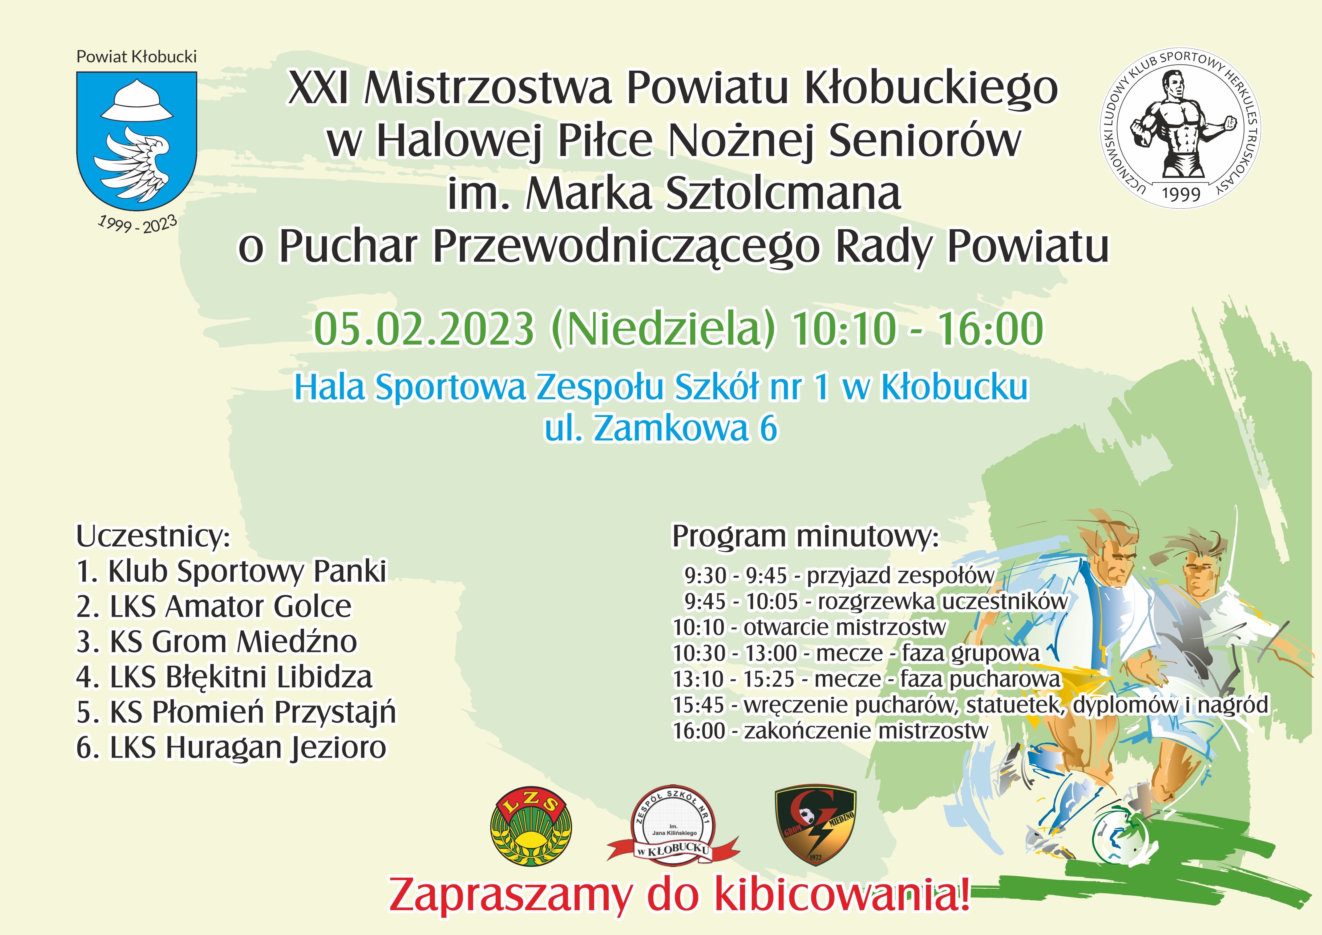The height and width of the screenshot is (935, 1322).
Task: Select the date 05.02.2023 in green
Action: coord(424,329)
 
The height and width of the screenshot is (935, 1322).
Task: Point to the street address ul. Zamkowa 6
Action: coord(661,428)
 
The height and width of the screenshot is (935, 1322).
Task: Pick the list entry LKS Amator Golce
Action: coord(214,607)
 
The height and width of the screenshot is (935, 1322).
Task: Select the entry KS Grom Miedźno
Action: coord(216,642)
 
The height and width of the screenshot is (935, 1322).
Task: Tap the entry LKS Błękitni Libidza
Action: coord(225,677)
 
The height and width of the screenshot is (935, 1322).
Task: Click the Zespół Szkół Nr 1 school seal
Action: coord(673,824)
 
